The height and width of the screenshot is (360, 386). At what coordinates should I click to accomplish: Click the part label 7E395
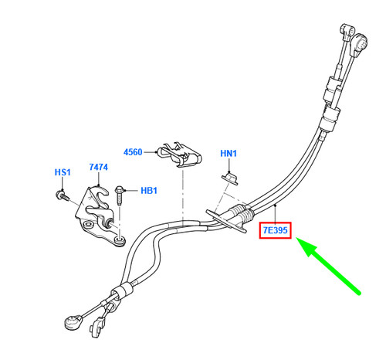[275, 230]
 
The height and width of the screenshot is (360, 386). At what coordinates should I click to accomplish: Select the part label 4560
[133, 152]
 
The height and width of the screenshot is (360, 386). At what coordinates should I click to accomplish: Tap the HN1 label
[229, 154]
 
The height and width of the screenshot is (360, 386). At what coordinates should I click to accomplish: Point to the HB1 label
[149, 191]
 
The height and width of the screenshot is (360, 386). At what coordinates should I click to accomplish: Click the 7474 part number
[99, 167]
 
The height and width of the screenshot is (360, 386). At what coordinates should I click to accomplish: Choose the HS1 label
[63, 172]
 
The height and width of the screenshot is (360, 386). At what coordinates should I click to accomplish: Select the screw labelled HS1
[63, 195]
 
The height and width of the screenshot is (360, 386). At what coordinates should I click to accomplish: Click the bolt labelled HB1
[120, 195]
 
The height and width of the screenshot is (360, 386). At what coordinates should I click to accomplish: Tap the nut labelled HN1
[230, 178]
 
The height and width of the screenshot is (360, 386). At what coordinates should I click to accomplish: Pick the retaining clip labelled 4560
[180, 155]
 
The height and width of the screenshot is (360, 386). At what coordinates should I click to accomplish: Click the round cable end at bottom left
[73, 322]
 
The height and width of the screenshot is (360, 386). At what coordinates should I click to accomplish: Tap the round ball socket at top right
[360, 44]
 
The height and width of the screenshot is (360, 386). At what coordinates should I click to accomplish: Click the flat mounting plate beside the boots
[226, 222]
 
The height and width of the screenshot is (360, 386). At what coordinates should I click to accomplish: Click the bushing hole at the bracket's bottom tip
[120, 240]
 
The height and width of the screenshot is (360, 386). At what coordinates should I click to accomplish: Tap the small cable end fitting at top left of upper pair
[347, 32]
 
